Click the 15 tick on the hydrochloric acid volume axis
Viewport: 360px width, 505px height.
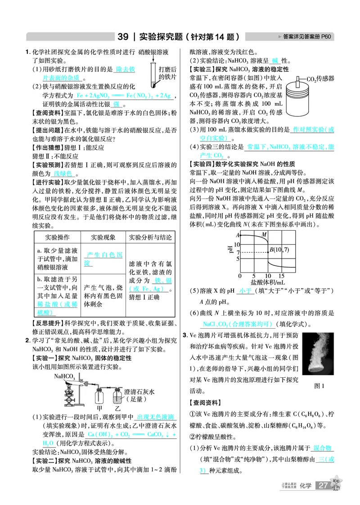point(281,275)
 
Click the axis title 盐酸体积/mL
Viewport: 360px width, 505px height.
point(268,282)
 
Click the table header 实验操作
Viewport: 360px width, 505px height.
point(57,237)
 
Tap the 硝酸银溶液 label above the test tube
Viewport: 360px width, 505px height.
point(154,53)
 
